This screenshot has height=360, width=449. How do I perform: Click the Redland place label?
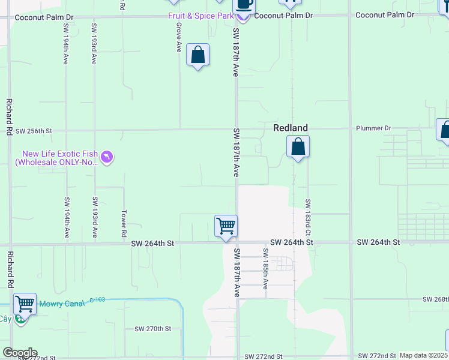click(291, 128)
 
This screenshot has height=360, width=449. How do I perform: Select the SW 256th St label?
click(34, 131)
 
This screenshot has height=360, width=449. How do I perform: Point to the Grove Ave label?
click(179, 38)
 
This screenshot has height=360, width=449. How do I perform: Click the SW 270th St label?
click(153, 329)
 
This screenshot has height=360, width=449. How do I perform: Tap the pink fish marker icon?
click(107, 157)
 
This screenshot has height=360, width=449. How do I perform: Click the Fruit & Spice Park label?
click(200, 16)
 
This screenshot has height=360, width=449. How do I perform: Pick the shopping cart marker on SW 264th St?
click(226, 226)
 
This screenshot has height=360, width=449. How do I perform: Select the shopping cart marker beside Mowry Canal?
click(25, 304)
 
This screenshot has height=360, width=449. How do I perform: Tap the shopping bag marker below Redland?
click(298, 146)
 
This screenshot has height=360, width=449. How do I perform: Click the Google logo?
click(19, 353)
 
